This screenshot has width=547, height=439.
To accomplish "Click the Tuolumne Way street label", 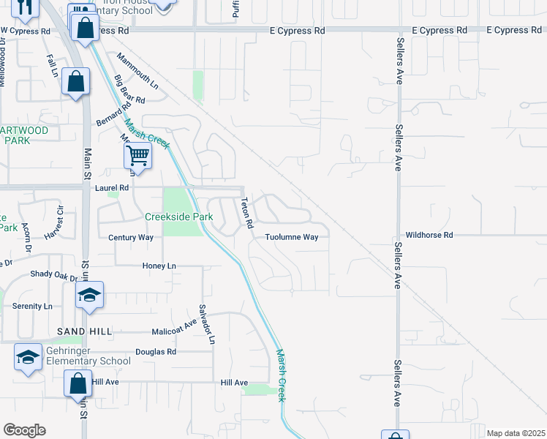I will pos(291,237).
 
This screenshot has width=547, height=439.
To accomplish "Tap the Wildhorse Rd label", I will pos(429,235).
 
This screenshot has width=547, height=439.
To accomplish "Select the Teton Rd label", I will pos(246,211).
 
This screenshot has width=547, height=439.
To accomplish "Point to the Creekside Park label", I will pos(178,217).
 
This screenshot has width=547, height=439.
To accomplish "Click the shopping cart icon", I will pos(137,155).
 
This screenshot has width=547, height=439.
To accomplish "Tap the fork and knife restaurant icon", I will pos(25,7).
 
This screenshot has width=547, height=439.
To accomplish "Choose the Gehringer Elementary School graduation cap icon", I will pos(28,357).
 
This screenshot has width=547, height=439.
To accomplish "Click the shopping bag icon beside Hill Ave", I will pos(78,383).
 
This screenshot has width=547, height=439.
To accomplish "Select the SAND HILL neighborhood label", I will pos(85,331).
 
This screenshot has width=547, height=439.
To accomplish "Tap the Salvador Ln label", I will pos(208,324).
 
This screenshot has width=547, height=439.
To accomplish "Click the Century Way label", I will pos(131,238).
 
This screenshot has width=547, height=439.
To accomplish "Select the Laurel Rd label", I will pos(112,188).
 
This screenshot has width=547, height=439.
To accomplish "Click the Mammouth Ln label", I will pos(137,72).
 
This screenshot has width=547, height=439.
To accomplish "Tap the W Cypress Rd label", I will pos(25,31).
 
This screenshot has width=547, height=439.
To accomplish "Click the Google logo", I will pos(24,430).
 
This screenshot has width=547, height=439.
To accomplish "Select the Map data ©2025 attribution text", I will pos(515,433).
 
